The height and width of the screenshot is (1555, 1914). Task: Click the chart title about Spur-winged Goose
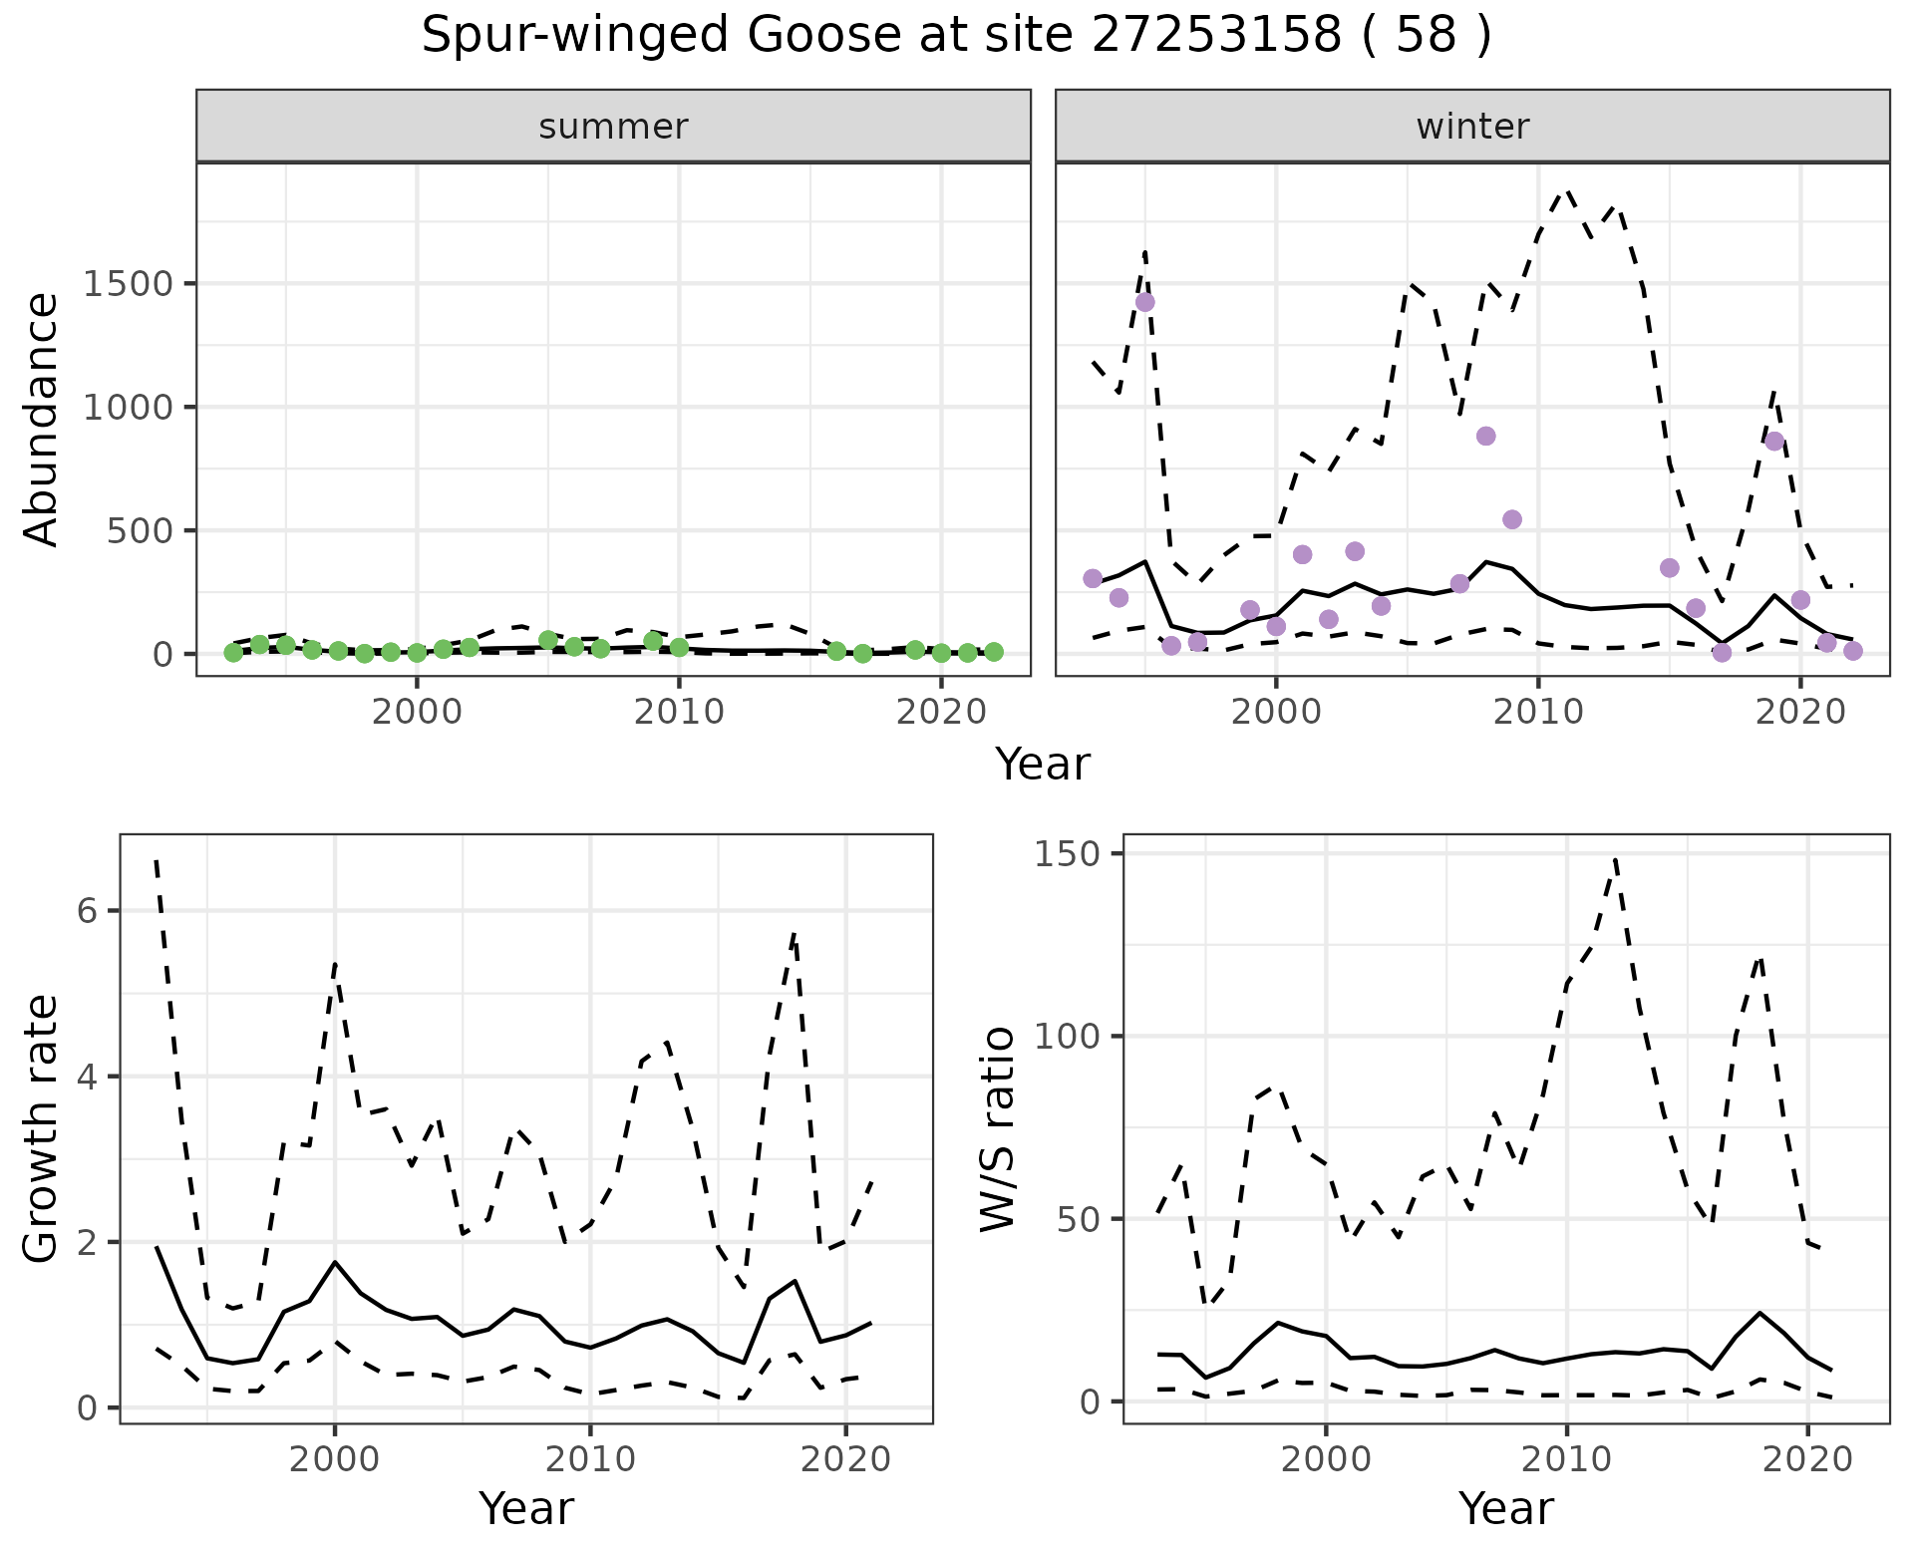956,37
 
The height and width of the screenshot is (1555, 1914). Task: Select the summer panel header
613,127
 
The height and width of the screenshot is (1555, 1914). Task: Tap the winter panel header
1472,127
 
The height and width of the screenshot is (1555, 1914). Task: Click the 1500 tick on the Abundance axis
128,284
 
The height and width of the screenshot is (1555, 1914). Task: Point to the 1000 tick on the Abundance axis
128,408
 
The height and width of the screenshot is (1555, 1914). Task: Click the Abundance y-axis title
42,419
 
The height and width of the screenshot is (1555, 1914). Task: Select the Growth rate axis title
42,1128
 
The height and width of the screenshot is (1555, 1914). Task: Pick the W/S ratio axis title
997,1128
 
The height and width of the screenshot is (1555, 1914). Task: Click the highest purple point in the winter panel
1145,302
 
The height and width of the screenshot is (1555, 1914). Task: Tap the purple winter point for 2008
1486,436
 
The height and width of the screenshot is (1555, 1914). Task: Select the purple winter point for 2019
1774,442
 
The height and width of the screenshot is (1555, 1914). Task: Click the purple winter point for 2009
1512,519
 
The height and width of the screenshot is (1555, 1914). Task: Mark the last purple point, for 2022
1853,651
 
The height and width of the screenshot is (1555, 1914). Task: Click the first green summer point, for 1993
233,653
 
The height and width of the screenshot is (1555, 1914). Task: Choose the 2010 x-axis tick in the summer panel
679,712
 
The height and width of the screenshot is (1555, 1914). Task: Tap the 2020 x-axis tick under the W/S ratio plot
1807,1459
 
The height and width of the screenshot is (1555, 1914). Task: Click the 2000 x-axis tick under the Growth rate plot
335,1459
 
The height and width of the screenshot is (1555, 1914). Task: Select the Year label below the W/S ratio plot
1505,1508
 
